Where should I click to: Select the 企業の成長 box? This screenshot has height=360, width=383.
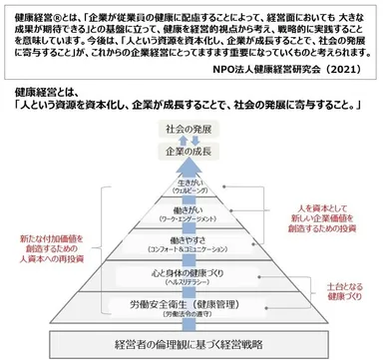[x=190, y=153]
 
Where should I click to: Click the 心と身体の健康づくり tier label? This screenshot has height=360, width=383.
[x=191, y=269]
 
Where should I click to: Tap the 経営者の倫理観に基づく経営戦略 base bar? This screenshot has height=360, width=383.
[x=190, y=346]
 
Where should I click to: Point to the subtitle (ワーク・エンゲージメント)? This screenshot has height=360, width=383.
[x=191, y=220]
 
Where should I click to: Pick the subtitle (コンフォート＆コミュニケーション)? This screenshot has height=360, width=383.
[x=191, y=249]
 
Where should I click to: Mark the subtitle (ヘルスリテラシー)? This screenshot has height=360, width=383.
[x=191, y=279]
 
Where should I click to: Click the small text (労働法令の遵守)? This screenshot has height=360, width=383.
[x=191, y=313]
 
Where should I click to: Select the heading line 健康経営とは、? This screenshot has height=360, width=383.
[x=40, y=90]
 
